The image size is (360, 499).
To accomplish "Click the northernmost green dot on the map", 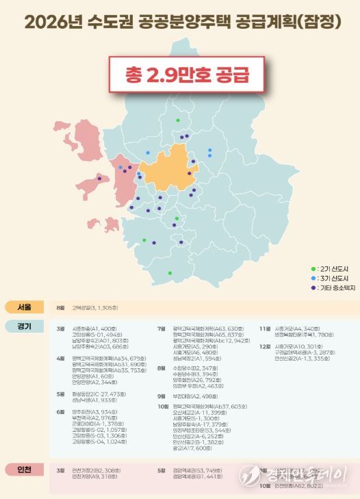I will click(178, 120).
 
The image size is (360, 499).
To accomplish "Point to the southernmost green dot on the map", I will click(169, 273).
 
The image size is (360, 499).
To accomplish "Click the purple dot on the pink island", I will click(100, 179).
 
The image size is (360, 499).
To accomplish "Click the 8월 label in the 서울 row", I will click(60, 308).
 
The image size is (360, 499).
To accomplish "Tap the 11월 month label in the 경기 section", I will click(265, 329).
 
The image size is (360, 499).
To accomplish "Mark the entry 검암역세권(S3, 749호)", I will click(198, 471).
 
